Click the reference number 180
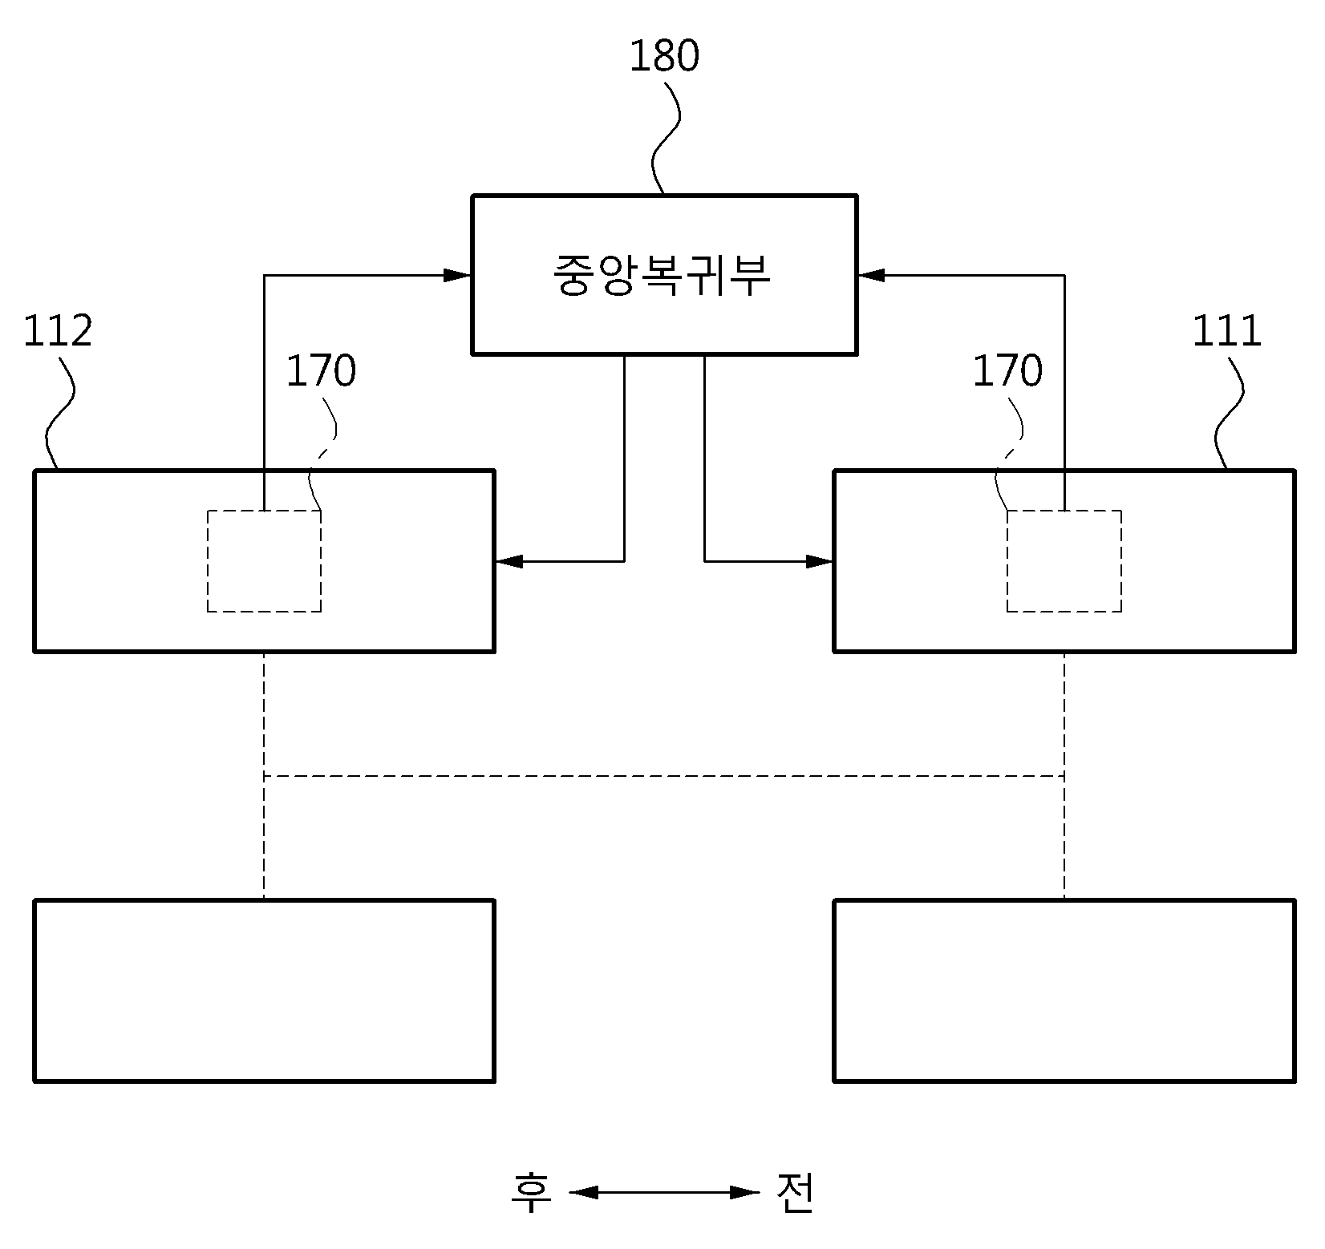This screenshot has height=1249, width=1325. (663, 56)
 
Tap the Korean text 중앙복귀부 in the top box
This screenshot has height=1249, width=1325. (662, 275)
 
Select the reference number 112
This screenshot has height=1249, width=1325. (58, 332)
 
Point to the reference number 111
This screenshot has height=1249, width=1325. (1226, 330)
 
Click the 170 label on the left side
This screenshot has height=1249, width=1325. (321, 371)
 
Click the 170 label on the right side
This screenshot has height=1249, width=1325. (1007, 371)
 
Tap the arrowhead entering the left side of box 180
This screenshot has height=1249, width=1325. (458, 275)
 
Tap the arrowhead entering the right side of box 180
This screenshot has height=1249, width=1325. (871, 275)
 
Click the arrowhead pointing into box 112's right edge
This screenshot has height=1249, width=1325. (509, 561)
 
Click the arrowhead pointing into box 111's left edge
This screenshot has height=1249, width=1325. (820, 561)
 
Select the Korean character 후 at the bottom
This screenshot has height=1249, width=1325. (532, 1192)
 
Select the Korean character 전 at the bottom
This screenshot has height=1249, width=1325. (796, 1192)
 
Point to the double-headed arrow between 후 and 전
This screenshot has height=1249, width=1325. (664, 1192)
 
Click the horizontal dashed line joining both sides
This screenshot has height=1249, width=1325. (664, 776)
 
